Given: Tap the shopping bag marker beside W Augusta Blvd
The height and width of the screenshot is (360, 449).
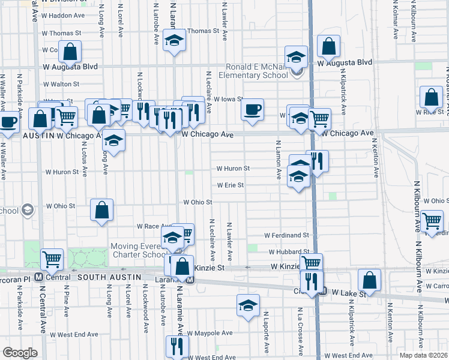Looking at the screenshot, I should (329, 46).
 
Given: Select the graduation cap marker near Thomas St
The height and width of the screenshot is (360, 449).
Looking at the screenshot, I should (175, 41).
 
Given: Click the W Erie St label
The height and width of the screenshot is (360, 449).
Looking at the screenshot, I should (231, 185).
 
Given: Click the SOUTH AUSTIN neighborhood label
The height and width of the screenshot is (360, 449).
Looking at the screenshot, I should (109, 277).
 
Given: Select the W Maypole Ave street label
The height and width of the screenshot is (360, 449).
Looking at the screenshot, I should (209, 333).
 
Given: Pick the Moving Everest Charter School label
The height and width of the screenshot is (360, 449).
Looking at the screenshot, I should (137, 251).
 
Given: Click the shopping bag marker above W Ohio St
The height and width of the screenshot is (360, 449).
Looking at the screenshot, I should (102, 210).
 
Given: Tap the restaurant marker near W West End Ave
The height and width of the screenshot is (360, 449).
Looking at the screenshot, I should (177, 346).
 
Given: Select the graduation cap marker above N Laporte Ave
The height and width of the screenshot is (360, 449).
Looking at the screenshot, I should (248, 305).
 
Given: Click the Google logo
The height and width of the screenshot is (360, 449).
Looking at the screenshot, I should (20, 352).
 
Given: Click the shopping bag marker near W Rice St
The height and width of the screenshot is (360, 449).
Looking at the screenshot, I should (431, 97).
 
